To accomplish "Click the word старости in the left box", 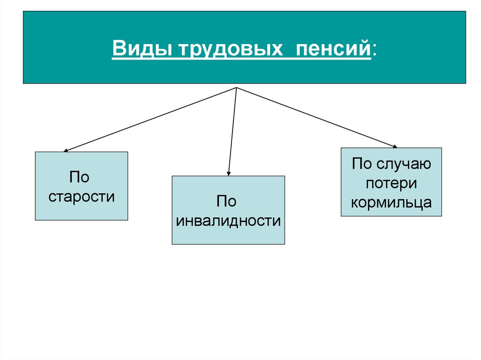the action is [x=81, y=196].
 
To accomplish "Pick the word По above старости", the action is [x=79, y=177].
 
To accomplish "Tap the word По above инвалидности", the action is [x=226, y=202].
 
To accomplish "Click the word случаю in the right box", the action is [x=403, y=165].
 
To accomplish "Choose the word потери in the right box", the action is [x=391, y=184].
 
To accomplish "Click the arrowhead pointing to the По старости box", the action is [x=66, y=150].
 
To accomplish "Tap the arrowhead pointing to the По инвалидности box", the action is [x=228, y=173].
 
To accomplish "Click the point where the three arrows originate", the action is [x=236, y=87].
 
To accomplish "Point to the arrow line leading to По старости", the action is [x=150, y=119].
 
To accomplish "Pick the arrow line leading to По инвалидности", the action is [x=232, y=131].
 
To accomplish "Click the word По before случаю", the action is [x=362, y=165].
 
